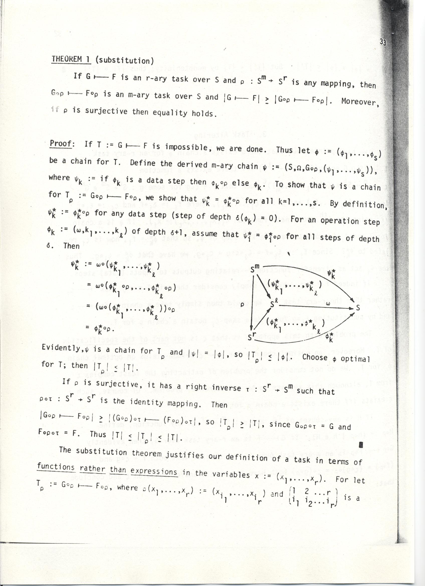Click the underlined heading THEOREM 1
(71, 59)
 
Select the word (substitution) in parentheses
(125, 61)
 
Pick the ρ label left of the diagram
(242, 305)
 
